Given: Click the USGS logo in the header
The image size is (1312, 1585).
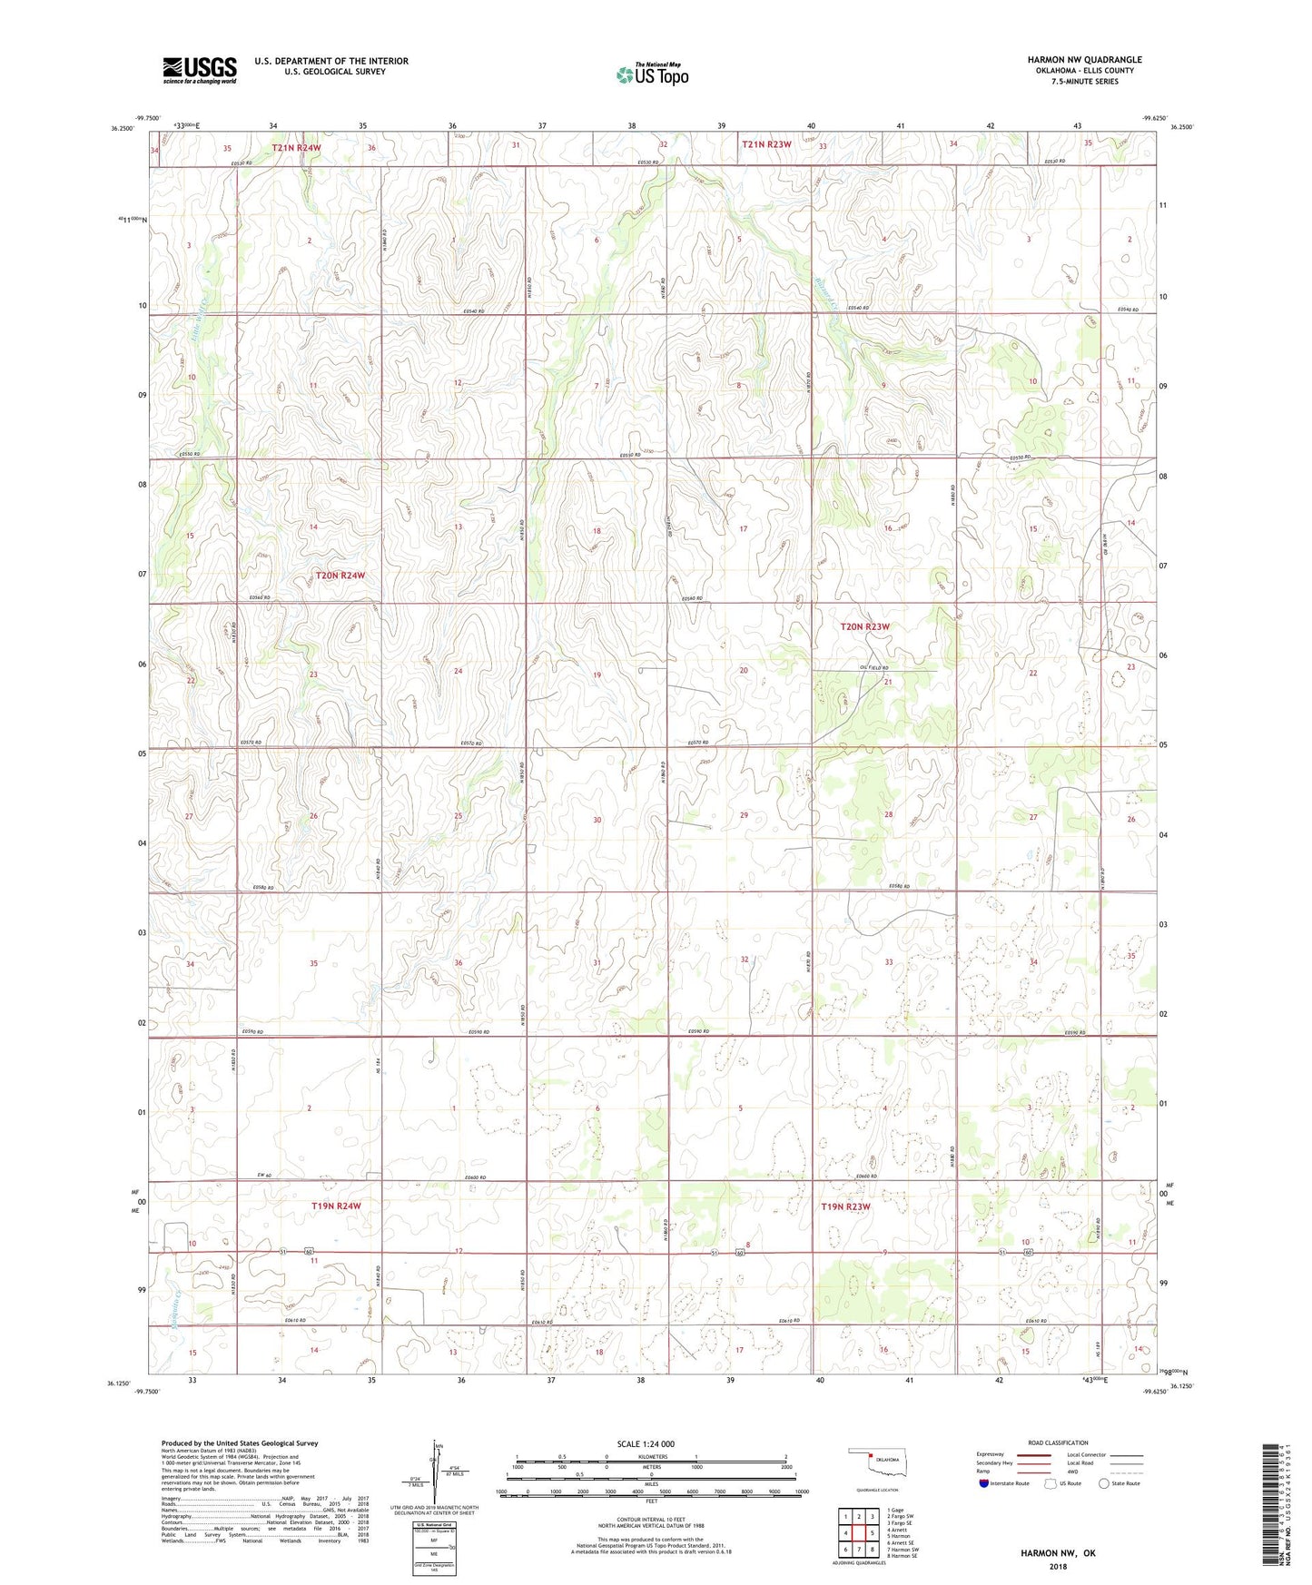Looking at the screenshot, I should tap(200, 70).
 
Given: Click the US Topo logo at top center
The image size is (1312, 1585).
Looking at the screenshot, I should tap(652, 74).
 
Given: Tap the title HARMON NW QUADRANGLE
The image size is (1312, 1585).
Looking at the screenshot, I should tap(1084, 60).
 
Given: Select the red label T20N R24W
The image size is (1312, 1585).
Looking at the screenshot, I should tap(340, 576).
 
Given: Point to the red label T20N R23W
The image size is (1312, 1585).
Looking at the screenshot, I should tap(865, 626).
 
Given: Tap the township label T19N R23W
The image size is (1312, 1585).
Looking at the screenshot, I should tap(845, 1206).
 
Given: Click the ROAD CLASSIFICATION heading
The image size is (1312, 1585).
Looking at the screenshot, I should tap(1058, 1442).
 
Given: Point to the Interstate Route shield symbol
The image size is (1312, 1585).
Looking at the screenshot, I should tap(985, 1483).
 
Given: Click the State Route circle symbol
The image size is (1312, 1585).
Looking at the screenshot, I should tap(1103, 1483).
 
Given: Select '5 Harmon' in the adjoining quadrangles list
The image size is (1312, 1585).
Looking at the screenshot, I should tap(899, 1536).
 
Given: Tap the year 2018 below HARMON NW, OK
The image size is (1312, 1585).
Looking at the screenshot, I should tap(1058, 1566).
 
